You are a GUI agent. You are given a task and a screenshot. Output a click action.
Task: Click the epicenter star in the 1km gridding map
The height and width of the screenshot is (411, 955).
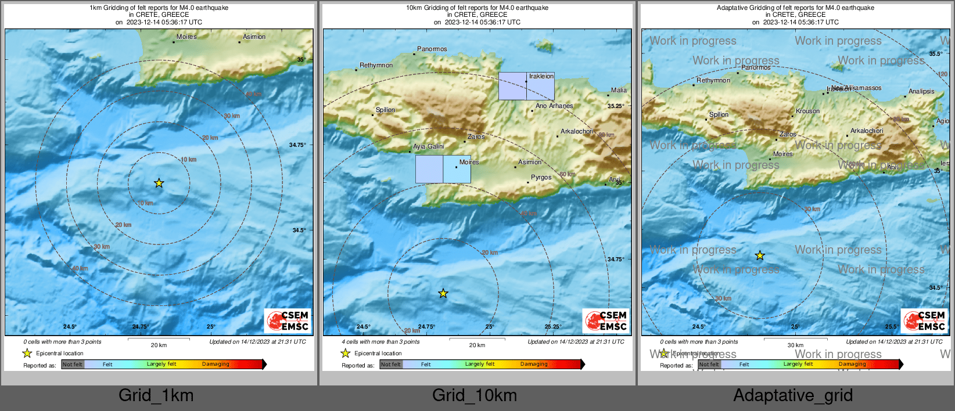[x=159, y=183]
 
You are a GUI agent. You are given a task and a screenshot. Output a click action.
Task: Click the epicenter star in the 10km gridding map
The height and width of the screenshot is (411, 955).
[x=443, y=294]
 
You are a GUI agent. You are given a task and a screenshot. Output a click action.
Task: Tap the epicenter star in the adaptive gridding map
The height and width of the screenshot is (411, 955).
[x=760, y=255]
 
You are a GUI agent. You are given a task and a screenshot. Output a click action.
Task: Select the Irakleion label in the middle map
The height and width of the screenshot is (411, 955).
[x=541, y=76]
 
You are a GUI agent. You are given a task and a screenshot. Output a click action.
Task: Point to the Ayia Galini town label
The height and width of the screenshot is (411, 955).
[x=429, y=147]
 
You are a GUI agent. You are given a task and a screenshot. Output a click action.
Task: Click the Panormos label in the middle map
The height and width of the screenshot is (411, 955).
[x=432, y=49]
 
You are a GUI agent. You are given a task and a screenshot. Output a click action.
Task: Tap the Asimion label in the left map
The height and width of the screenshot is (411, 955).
[x=254, y=37]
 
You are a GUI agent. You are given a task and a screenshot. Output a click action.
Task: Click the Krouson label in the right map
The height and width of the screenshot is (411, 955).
[x=807, y=111]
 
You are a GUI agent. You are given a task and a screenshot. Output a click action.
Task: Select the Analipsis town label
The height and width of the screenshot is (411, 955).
[x=921, y=91]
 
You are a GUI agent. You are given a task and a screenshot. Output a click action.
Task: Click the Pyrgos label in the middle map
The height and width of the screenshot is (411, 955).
[x=541, y=177]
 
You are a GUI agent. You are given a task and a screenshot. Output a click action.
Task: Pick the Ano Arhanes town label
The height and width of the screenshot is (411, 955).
[x=554, y=106]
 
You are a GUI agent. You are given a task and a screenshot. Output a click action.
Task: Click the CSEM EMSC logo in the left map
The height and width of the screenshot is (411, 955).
[x=288, y=320]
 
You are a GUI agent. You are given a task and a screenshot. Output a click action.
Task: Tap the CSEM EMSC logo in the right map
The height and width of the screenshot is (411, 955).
[x=925, y=320]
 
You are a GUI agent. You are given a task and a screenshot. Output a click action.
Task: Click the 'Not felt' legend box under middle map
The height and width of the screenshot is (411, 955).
[x=391, y=365]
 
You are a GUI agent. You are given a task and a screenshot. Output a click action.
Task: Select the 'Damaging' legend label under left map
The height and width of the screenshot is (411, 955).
[x=216, y=364]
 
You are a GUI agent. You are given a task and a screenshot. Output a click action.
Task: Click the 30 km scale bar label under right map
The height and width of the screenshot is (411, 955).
[x=795, y=345]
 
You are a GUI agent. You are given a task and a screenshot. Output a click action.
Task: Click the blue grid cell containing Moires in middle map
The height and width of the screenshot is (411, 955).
[x=457, y=170]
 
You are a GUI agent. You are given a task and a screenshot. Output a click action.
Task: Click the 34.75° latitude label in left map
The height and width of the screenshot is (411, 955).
[x=297, y=145]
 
